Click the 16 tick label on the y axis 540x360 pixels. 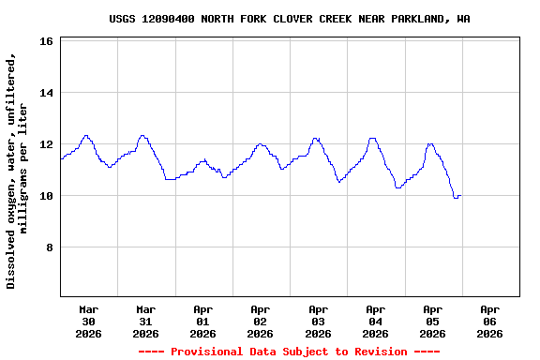(45, 41)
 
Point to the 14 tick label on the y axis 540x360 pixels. (45, 93)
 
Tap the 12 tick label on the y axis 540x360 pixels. (45, 144)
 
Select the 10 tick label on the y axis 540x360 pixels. (45, 196)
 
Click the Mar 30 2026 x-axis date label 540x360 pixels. (88, 321)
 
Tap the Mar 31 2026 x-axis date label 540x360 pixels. (145, 321)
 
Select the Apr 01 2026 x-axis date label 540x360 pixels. (202, 321)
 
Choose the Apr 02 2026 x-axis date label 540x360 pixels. (260, 321)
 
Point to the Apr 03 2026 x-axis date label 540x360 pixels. (318, 321)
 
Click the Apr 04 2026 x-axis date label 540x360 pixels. (375, 321)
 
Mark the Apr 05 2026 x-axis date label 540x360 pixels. (432, 321)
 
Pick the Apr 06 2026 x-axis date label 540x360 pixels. (489, 321)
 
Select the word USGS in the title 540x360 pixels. (122, 19)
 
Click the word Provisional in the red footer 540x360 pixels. (206, 352)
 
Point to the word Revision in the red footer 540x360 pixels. (375, 352)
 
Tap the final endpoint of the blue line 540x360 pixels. (460, 196)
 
